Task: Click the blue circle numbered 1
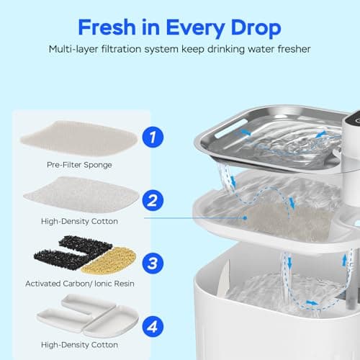pos(151,135)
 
